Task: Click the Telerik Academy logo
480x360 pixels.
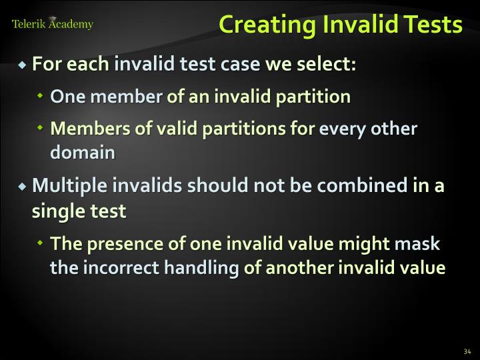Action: [x=53, y=24]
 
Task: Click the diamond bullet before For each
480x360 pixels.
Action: [x=23, y=66]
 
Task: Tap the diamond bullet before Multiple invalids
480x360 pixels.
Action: [x=23, y=185]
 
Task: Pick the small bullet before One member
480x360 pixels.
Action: [x=41, y=97]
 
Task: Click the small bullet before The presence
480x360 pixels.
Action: [x=41, y=244]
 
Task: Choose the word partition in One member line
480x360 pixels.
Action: [x=316, y=97]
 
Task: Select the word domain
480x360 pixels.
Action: [x=83, y=153]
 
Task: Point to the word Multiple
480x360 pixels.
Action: [x=63, y=185]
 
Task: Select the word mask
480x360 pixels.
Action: [x=417, y=243]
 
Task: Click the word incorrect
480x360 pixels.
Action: [x=105, y=268]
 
